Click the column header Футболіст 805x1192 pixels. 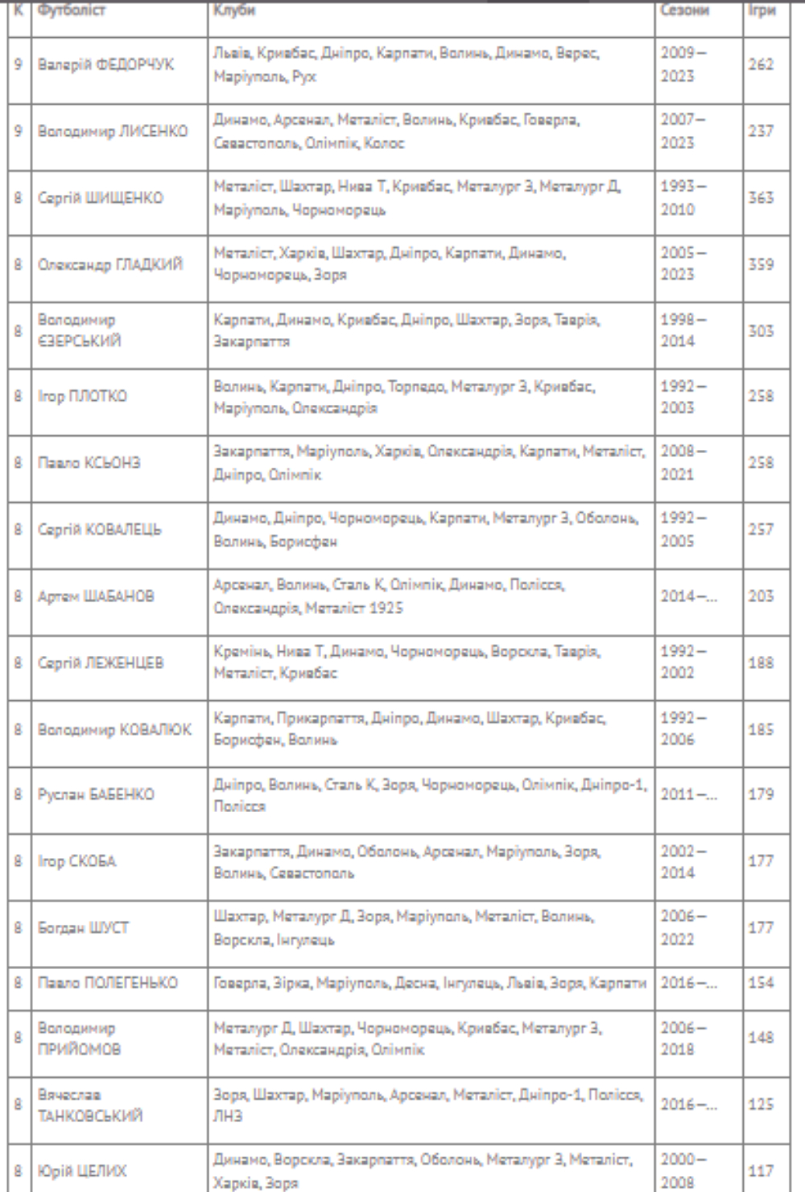[x=72, y=11]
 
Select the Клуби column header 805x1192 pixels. [x=234, y=11]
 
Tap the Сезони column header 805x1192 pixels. [x=684, y=11]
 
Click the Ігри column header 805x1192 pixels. [x=761, y=11]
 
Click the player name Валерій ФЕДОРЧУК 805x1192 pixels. [x=105, y=64]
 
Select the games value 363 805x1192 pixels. [x=761, y=198]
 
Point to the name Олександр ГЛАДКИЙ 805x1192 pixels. [x=110, y=265]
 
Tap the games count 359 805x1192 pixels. [x=761, y=265]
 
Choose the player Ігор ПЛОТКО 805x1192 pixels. [x=82, y=396]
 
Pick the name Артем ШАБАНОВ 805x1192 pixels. [x=96, y=596]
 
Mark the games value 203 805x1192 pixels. [x=761, y=596]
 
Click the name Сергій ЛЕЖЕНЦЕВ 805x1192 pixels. [x=101, y=663]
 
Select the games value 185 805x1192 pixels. [x=761, y=730]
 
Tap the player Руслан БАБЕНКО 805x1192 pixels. [x=96, y=794]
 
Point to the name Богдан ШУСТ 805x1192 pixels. [x=83, y=927]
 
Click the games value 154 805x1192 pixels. [x=761, y=983]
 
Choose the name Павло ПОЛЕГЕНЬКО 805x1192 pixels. [x=108, y=983]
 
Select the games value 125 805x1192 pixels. [x=761, y=1104]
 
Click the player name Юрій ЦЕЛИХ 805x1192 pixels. [x=82, y=1171]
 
